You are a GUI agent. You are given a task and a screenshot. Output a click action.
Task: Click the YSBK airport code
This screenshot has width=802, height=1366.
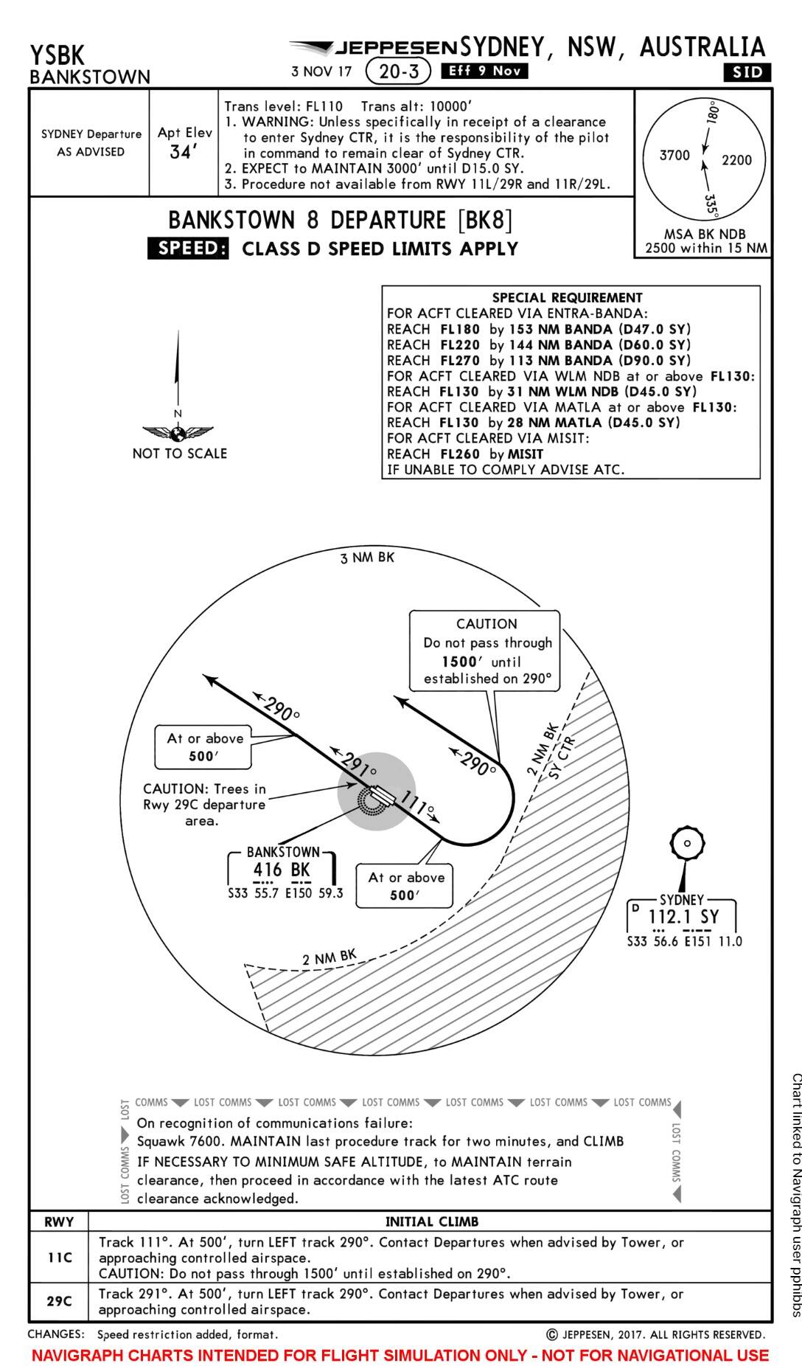[x=57, y=55]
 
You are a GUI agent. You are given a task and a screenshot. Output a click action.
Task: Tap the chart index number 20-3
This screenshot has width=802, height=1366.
[x=398, y=71]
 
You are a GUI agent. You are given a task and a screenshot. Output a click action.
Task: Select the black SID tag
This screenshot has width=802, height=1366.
[x=747, y=72]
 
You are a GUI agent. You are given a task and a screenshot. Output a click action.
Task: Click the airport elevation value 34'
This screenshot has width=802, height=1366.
[x=181, y=153]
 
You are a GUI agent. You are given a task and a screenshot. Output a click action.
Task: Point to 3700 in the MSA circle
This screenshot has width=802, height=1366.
[x=674, y=156]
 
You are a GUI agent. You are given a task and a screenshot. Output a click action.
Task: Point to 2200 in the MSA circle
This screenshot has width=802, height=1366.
[x=736, y=160]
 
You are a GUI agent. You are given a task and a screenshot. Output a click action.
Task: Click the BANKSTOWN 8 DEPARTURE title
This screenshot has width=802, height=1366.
[x=340, y=221]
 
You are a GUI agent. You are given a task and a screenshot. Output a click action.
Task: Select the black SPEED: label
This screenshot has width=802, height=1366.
[x=188, y=249]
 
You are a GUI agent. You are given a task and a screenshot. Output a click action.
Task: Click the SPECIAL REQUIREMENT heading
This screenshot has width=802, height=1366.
[x=567, y=297]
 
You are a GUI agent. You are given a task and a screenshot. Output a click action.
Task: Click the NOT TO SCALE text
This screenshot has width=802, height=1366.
[x=179, y=454]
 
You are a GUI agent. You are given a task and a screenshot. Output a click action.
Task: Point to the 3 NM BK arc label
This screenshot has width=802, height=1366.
[x=367, y=558]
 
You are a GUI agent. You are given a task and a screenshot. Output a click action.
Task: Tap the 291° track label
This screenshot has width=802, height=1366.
[x=358, y=767]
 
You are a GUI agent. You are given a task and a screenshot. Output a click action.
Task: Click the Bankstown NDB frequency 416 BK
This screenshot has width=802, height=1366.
[x=282, y=870]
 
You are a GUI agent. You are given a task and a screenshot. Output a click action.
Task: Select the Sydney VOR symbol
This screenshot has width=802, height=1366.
[x=687, y=843]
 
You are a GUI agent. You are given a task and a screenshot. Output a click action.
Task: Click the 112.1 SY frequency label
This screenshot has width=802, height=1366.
[x=683, y=917]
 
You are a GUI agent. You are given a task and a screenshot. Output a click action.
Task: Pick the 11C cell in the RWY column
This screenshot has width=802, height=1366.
[x=59, y=1257]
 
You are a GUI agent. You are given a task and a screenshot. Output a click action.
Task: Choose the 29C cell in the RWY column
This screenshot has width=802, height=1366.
[x=59, y=1301]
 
